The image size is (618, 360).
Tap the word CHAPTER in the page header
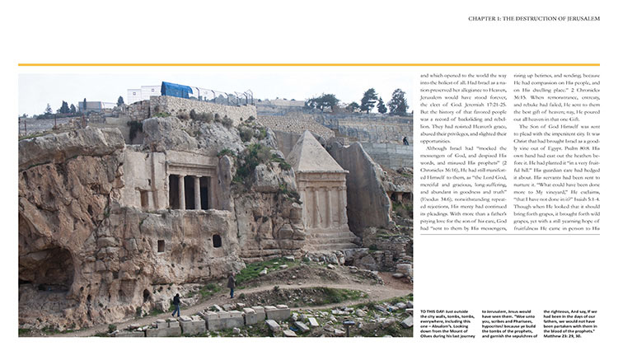(483, 18)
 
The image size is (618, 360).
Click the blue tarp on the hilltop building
(176, 90)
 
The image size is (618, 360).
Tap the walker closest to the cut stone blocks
(176, 305)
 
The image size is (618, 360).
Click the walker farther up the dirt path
(232, 285)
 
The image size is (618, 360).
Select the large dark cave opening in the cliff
(45, 272)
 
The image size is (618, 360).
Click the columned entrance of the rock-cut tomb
(189, 190)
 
